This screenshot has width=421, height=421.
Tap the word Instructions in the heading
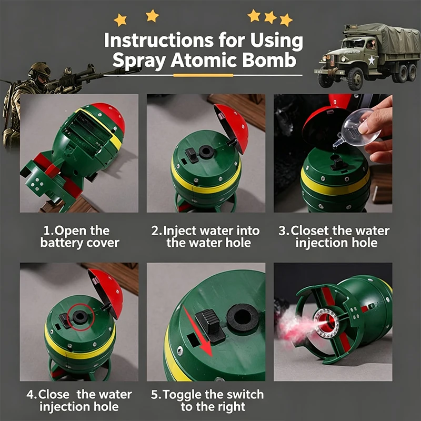click(159, 41)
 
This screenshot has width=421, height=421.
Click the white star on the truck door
click(372, 60)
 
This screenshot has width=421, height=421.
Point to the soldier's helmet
click(39, 69)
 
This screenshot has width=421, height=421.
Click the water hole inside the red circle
click(80, 317)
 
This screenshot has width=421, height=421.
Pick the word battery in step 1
click(62, 243)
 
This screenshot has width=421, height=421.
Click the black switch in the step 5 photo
click(210, 325)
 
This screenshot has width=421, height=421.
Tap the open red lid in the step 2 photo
click(232, 127)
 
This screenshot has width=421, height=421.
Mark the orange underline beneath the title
click(203, 75)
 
